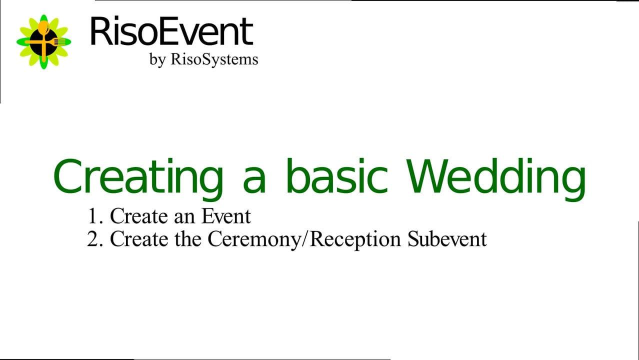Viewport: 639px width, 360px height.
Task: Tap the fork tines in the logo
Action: [x=61, y=42]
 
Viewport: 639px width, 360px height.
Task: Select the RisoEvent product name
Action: [x=171, y=32]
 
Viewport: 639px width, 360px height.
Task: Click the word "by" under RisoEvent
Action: [x=157, y=59]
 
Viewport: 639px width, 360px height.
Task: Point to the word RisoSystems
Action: [x=214, y=59]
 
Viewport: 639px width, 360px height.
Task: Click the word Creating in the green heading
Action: [x=138, y=177]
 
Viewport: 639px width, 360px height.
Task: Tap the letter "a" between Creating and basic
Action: [x=254, y=179]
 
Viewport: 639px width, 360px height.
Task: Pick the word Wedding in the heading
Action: [x=496, y=177]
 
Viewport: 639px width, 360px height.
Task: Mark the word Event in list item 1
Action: [x=226, y=216]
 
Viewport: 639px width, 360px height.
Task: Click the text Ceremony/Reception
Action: [x=304, y=239]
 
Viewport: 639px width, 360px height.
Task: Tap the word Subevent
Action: [x=447, y=239]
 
